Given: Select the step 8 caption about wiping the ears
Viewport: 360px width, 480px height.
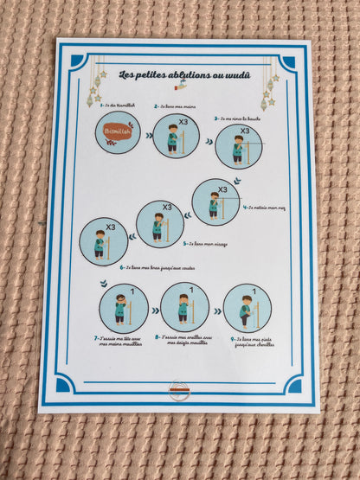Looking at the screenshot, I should point(184,342).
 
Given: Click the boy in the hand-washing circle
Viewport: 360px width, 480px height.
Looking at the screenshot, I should point(174,138).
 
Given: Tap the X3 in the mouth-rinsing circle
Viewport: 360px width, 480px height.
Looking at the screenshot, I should point(245,131).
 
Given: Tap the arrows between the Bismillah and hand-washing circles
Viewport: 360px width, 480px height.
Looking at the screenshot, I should point(146,136).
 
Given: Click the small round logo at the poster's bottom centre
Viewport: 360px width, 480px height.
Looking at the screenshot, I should point(180,390).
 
